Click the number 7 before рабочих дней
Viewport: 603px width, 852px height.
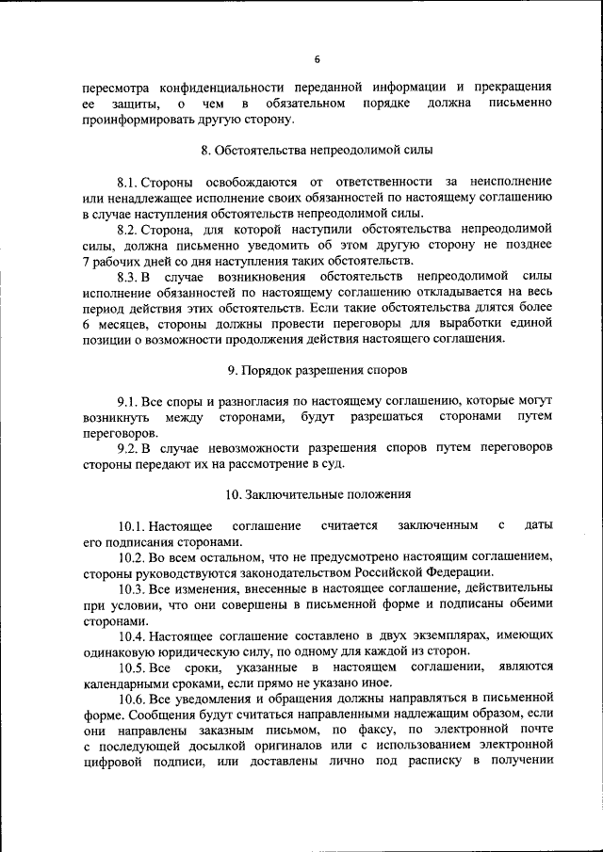pyautogui.click(x=86, y=261)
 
